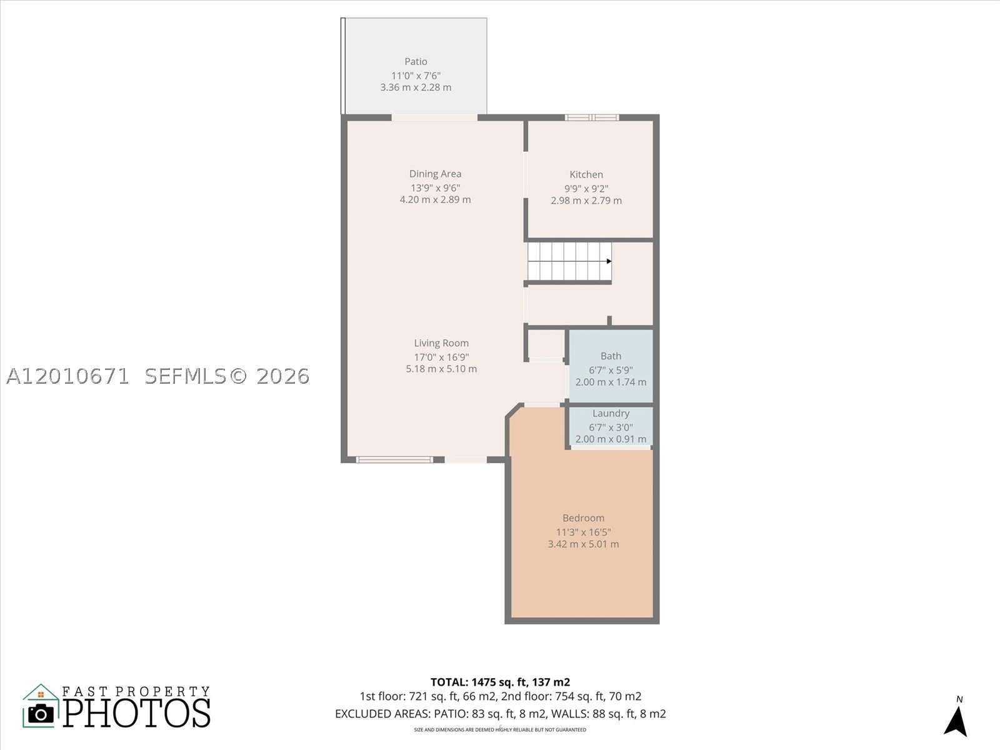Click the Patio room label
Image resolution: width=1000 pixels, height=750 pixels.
coord(416,61)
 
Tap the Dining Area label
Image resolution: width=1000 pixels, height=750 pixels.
coord(435,174)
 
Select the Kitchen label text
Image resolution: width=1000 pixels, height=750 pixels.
coord(586,174)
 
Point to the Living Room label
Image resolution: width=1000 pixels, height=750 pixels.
coord(441,343)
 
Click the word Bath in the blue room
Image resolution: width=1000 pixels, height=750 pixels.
coord(611,356)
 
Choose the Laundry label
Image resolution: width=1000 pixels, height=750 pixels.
coord(611,414)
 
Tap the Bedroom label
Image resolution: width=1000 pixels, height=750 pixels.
coord(583,517)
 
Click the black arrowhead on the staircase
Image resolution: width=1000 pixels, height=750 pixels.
coord(609,261)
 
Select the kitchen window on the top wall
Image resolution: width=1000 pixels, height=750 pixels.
coord(592,117)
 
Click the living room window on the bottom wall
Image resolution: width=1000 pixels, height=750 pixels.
coord(394,459)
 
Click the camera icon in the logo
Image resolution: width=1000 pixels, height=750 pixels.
coord(41,714)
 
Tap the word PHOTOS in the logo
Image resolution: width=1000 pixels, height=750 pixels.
coord(137,713)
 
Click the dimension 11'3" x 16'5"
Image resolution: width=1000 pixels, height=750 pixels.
coord(583,532)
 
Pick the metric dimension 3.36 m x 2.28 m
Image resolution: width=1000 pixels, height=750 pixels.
coord(416,87)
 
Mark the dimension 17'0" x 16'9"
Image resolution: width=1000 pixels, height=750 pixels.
coord(441,357)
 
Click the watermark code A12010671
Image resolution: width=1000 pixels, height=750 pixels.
coord(68,376)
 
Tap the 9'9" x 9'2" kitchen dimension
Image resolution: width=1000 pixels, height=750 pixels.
coord(586,189)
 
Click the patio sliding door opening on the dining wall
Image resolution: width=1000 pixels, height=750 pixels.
coord(434,117)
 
